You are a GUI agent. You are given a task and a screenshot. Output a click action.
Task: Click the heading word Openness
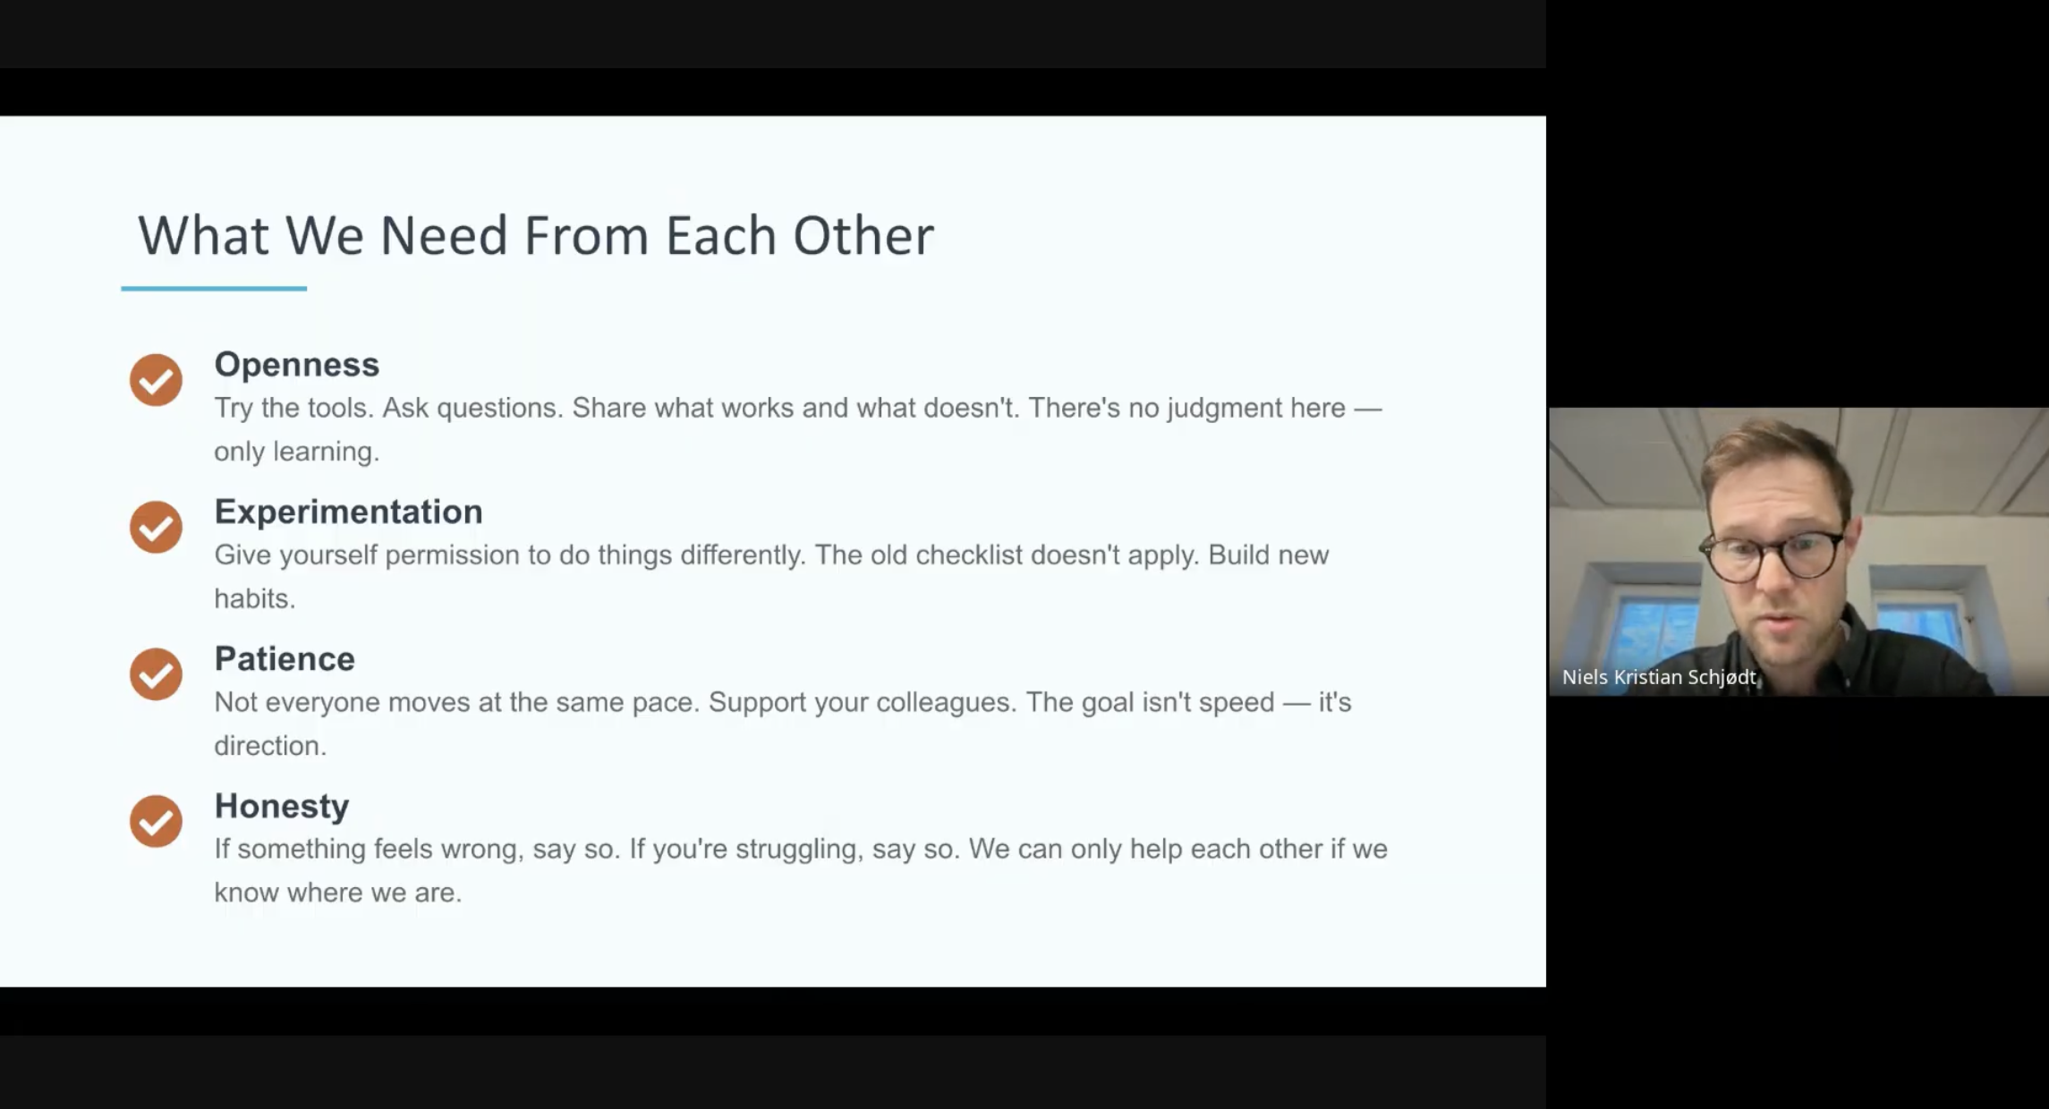[296, 365]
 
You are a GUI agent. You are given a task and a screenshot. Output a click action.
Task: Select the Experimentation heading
[348, 512]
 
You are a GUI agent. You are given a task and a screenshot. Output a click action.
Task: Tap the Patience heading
[285, 659]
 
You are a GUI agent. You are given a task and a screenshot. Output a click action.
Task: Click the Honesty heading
[281, 807]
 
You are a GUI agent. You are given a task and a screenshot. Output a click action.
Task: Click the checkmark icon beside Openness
[156, 380]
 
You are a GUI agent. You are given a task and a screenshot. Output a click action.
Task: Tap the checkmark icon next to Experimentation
[156, 527]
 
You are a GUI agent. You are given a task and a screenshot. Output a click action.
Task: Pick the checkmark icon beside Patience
[156, 674]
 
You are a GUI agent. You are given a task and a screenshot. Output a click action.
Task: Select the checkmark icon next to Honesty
[156, 821]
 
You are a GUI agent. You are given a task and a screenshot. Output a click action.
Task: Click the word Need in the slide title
[444, 236]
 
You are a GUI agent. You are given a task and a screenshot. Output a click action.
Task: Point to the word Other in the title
[863, 236]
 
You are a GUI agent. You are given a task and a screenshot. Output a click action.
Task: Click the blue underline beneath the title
[214, 288]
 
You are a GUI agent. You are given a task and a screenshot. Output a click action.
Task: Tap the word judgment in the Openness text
[1224, 409]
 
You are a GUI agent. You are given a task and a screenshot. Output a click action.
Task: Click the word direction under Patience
[268, 746]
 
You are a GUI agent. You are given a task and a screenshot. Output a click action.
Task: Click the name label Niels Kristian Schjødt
[1659, 677]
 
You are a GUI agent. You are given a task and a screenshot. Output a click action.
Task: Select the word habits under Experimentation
[253, 599]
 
